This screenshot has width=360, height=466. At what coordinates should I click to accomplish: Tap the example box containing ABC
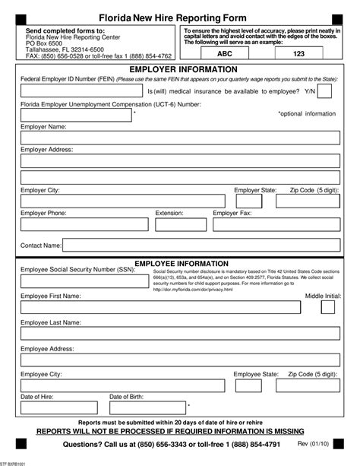coord(226,55)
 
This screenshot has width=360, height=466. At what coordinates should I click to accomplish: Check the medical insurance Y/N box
coord(325,91)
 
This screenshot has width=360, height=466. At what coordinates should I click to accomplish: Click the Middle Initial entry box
coord(328,308)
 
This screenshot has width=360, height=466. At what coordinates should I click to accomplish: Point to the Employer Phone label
coord(44,214)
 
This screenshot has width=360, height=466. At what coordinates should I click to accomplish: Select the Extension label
coord(169,214)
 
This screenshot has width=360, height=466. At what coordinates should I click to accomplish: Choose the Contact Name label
coord(41,246)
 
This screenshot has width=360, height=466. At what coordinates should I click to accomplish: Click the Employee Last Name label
coord(50,322)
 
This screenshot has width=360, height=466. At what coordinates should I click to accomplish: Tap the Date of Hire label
coord(36,397)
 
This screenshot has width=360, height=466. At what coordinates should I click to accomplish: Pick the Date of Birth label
coord(127,397)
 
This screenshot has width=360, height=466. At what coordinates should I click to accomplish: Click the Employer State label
coord(255,190)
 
